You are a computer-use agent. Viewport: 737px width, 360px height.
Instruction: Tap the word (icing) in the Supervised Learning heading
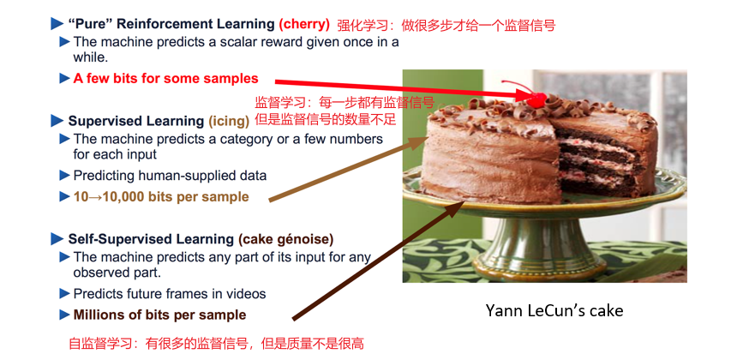coord(229,121)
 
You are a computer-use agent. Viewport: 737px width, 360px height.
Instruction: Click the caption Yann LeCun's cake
coord(554,310)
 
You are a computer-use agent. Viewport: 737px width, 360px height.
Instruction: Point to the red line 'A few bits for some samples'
coord(165,78)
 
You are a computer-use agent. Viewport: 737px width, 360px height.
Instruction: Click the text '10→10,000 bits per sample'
coord(161,196)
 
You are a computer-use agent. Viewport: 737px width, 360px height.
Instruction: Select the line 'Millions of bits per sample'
coord(159,315)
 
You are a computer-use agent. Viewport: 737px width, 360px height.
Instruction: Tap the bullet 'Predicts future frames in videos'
coord(170,294)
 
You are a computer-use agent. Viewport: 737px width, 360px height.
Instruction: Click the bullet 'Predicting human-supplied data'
coord(170,176)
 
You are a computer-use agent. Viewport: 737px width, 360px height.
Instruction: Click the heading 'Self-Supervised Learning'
coord(151,239)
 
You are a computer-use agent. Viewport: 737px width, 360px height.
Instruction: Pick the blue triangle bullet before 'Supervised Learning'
coord(57,121)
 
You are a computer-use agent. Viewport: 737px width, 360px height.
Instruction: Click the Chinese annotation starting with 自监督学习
coord(216,344)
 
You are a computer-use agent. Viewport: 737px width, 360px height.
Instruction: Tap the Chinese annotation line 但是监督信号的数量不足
coord(326,119)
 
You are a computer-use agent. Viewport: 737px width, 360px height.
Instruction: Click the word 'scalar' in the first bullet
coord(225,41)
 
